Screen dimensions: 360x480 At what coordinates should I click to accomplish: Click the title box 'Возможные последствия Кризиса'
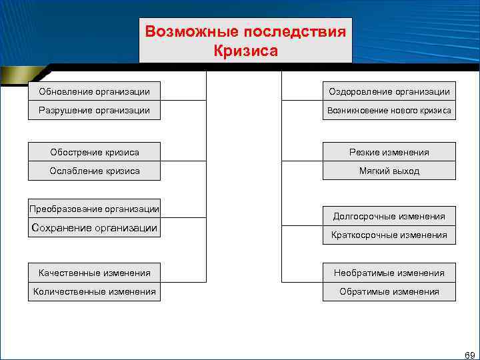pyautogui.click(x=245, y=40)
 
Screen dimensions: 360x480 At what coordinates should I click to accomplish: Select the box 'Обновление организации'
pyautogui.click(x=94, y=91)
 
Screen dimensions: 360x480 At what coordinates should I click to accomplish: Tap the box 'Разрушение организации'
pyautogui.click(x=94, y=110)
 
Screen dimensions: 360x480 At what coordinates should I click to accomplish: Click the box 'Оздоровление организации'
pyautogui.click(x=389, y=91)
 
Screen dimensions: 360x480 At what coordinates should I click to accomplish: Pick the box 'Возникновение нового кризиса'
pyautogui.click(x=389, y=110)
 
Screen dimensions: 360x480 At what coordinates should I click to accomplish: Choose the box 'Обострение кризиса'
pyautogui.click(x=95, y=152)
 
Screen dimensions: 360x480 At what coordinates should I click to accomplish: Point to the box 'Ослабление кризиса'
pyautogui.click(x=95, y=171)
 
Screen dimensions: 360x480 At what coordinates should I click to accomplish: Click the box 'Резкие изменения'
pyautogui.click(x=389, y=152)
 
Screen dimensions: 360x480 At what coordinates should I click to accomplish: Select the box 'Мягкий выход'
pyautogui.click(x=389, y=171)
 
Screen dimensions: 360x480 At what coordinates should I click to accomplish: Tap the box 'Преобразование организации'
pyautogui.click(x=95, y=209)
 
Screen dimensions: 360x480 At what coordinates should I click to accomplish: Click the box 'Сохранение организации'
pyautogui.click(x=95, y=228)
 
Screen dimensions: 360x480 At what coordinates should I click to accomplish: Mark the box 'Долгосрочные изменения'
pyautogui.click(x=389, y=216)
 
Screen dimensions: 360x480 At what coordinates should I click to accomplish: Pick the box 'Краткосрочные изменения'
pyautogui.click(x=389, y=235)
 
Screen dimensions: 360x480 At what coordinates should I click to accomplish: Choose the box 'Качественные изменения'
pyautogui.click(x=95, y=273)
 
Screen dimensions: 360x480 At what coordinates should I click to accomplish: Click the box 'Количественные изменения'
pyautogui.click(x=95, y=291)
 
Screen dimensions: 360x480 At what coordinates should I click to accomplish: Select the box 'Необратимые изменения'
pyautogui.click(x=389, y=273)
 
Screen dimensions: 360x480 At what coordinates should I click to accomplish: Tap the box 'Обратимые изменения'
pyautogui.click(x=389, y=291)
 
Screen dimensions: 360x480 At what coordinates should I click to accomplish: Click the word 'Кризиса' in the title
pyautogui.click(x=245, y=50)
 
